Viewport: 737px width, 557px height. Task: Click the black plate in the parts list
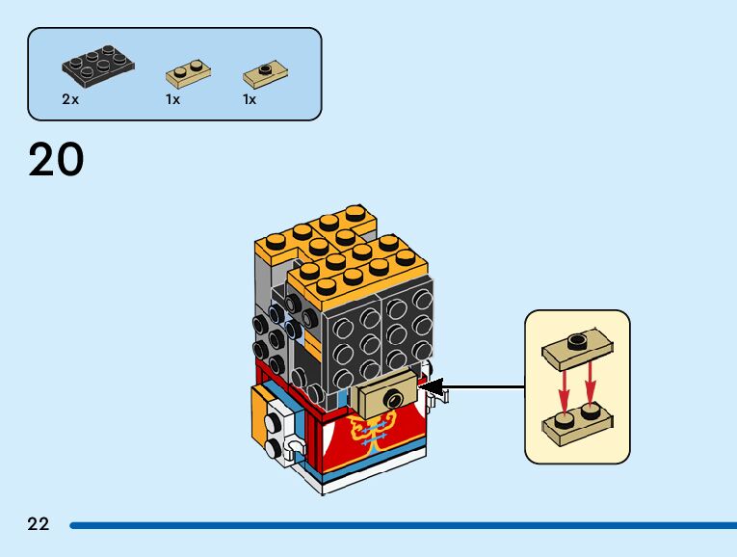98,65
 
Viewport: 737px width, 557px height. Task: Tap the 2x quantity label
69,99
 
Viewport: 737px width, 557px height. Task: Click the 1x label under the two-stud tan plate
172,99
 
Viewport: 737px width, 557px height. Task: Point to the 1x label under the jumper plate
250,99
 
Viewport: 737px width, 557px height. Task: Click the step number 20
56,160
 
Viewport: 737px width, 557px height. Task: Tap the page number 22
39,524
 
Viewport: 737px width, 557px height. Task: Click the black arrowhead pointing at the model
434,388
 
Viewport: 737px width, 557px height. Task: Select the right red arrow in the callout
591,385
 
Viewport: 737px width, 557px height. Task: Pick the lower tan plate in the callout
576,423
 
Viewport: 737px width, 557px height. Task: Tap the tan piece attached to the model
386,396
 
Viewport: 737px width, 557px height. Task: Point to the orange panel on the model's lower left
259,413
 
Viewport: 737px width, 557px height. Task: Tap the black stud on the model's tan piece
392,397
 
